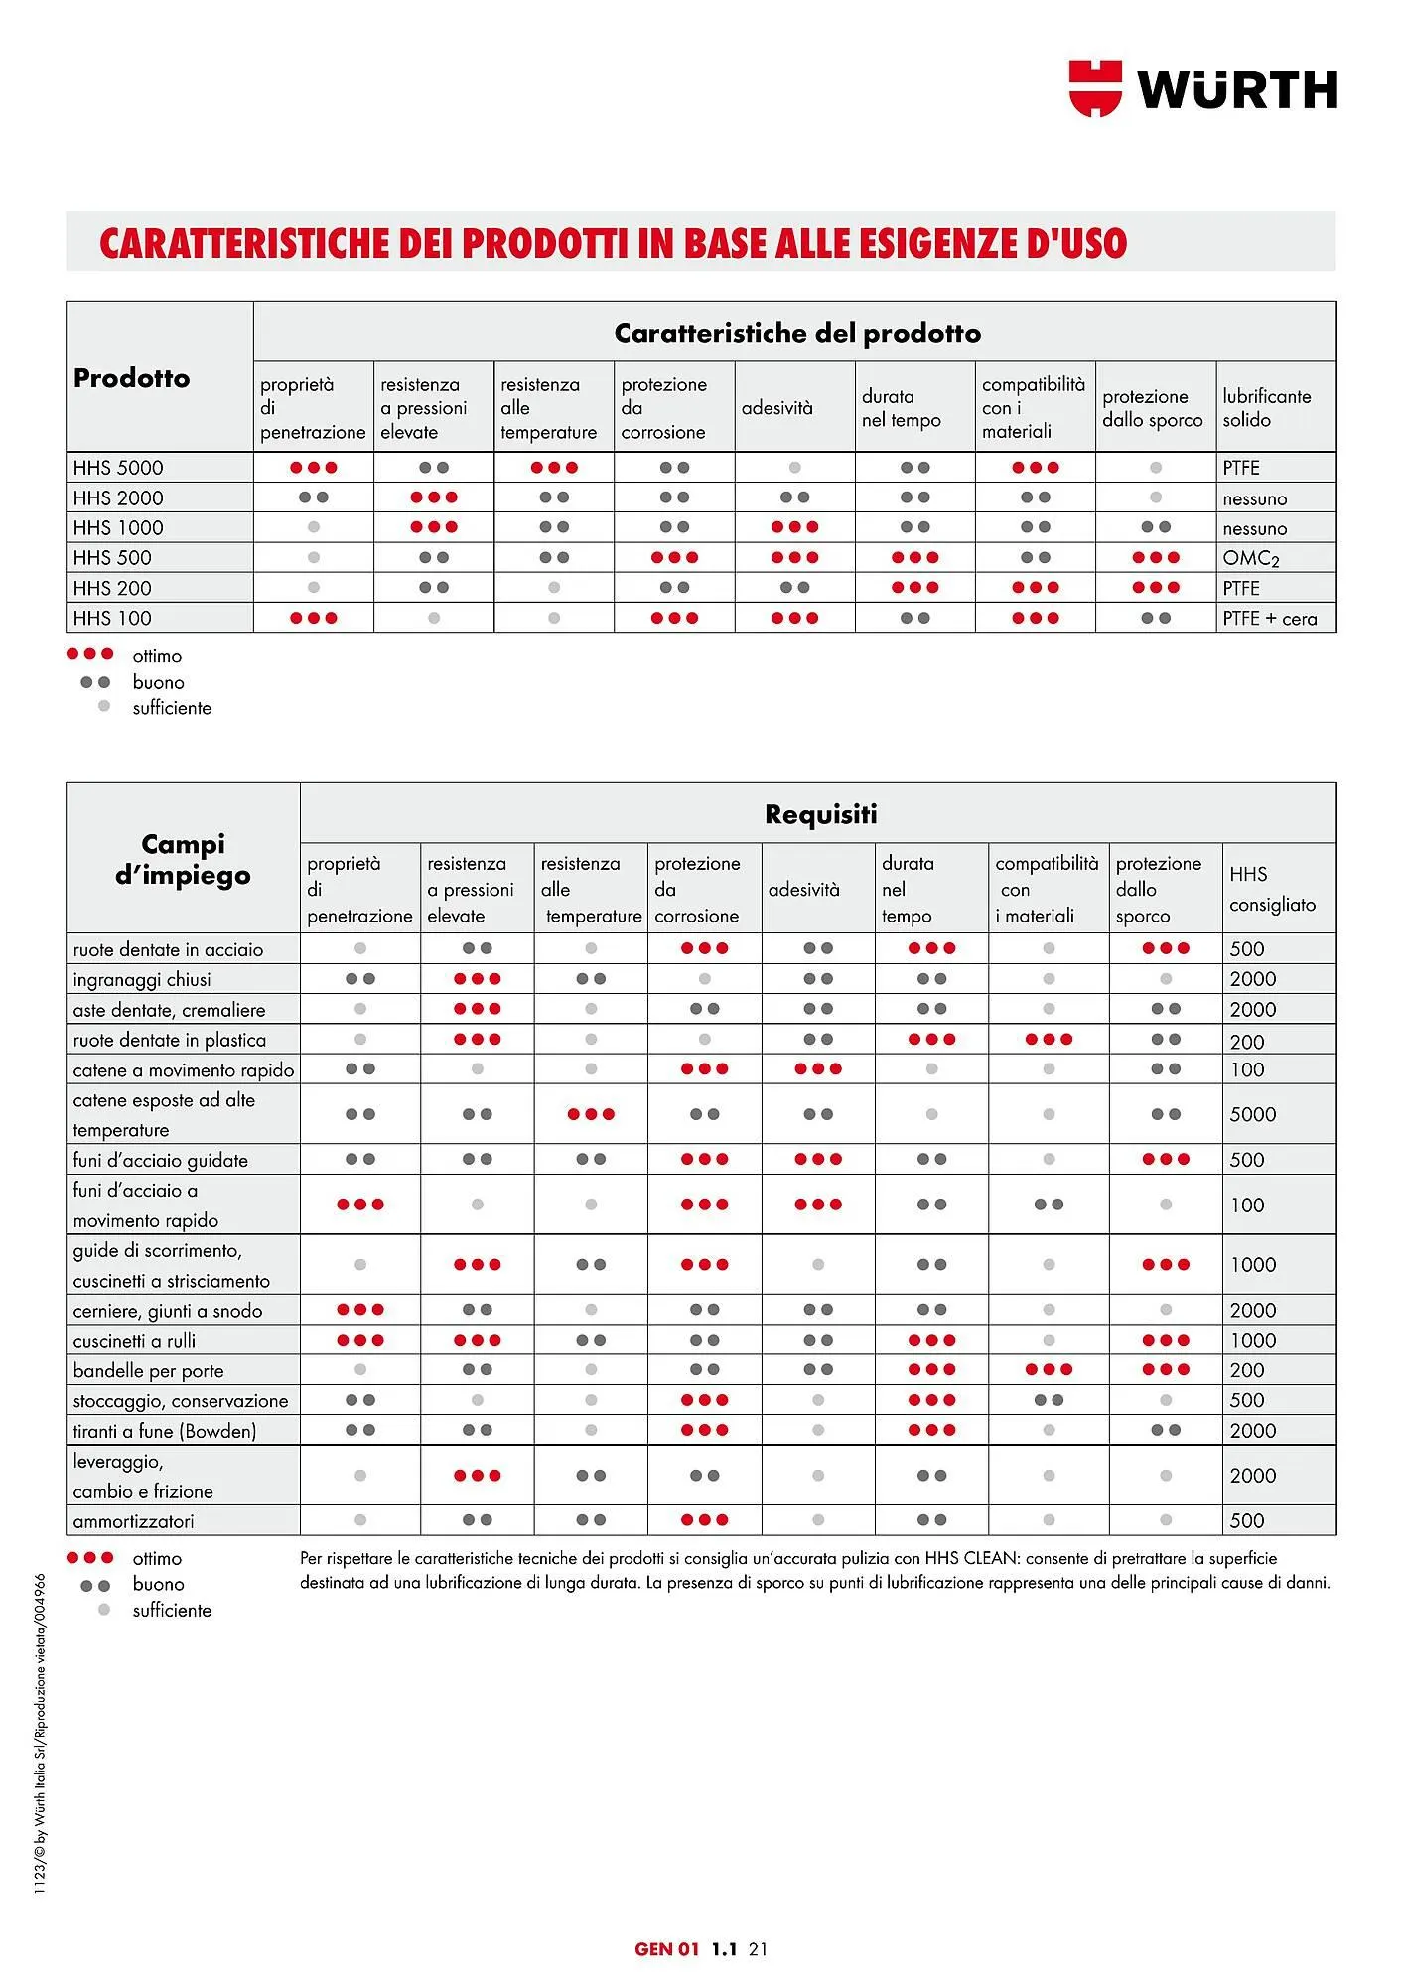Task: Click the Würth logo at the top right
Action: [x=1202, y=88]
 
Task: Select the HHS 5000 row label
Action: [x=118, y=468]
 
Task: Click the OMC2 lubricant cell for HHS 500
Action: [x=1250, y=558]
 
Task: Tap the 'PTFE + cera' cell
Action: [x=1269, y=619]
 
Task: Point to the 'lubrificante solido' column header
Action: [x=1266, y=408]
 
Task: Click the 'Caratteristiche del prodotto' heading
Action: [x=796, y=333]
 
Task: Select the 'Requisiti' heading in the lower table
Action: [x=820, y=814]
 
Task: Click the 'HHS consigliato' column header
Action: [x=1272, y=889]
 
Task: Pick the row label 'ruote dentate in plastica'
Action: [x=169, y=1040]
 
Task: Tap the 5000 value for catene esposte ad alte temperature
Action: [x=1252, y=1114]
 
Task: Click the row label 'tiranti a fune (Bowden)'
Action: [x=164, y=1431]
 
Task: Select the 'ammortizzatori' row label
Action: [x=133, y=1521]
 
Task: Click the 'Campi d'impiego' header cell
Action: [x=183, y=860]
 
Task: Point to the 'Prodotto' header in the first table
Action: [x=131, y=378]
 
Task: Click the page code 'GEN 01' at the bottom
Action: [x=666, y=1949]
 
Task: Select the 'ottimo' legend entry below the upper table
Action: [x=157, y=656]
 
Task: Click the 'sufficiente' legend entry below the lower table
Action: [x=172, y=1610]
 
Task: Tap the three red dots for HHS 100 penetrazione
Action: [x=314, y=618]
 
